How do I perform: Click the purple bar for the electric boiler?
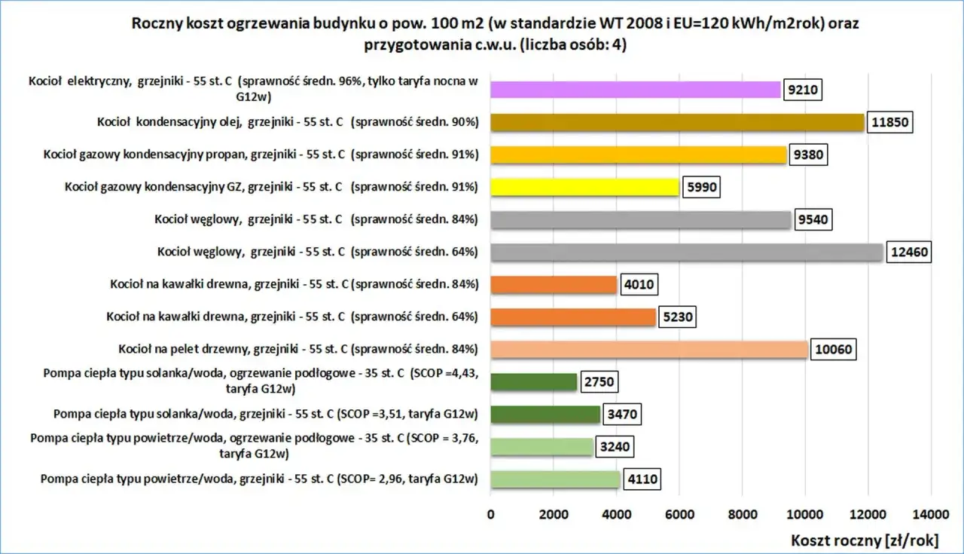[x=635, y=90]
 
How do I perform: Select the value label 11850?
[x=889, y=122]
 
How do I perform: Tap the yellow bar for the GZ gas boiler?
[x=585, y=187]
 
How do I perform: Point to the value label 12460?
[x=909, y=252]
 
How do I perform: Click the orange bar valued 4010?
[x=554, y=284]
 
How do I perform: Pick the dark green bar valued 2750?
[x=534, y=381]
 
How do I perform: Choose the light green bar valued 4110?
[x=555, y=479]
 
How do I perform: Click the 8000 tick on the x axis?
[x=743, y=514]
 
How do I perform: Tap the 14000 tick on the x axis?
[x=931, y=514]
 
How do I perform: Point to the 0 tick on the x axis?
[x=490, y=514]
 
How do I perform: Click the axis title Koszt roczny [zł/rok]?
[x=865, y=540]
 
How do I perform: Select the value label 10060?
[x=833, y=350]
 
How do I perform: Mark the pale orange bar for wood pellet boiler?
[x=649, y=350]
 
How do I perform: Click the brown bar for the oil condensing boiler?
[x=677, y=122]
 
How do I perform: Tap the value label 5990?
[x=701, y=188]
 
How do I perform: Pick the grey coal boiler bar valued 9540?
[x=641, y=219]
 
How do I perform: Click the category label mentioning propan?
[x=261, y=155]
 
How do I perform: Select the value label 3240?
[x=615, y=447]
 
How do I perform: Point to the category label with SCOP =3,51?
[x=266, y=414]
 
